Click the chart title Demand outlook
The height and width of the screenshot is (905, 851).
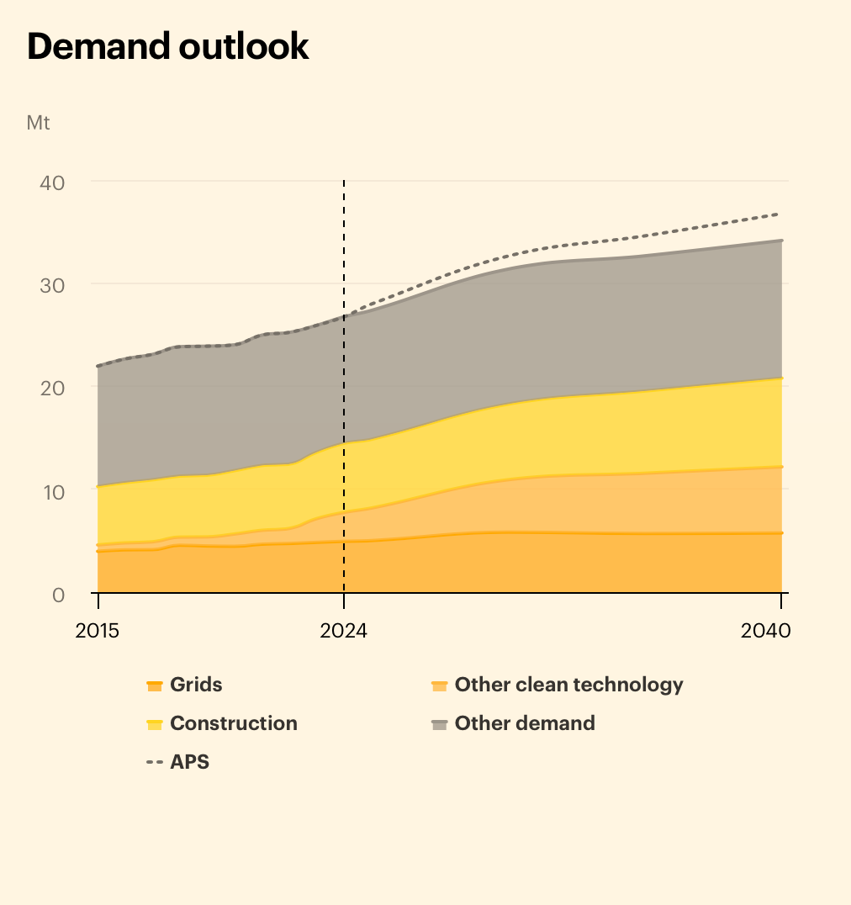tap(168, 47)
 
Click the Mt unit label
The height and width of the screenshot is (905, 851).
tap(39, 123)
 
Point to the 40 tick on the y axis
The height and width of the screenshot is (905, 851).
tap(53, 182)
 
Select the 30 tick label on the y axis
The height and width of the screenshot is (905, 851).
tap(53, 285)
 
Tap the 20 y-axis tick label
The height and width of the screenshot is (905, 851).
tap(53, 388)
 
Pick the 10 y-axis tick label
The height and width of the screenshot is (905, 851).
tap(53, 491)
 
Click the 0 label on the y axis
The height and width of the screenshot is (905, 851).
tap(58, 595)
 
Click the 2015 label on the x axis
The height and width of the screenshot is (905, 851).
tap(98, 631)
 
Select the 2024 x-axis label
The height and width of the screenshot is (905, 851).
tap(343, 631)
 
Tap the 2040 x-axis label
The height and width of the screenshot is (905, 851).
tap(766, 631)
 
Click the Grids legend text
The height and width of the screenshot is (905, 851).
tap(197, 685)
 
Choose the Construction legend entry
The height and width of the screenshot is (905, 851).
tap(233, 723)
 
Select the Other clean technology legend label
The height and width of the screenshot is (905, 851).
tap(568, 685)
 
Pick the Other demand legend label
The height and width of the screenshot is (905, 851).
tap(525, 723)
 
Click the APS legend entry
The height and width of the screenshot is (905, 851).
tap(189, 762)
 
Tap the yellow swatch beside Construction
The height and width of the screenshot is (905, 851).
tap(154, 724)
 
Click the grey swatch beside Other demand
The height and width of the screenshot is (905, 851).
tap(439, 724)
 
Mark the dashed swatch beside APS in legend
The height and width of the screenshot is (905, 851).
tap(154, 763)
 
